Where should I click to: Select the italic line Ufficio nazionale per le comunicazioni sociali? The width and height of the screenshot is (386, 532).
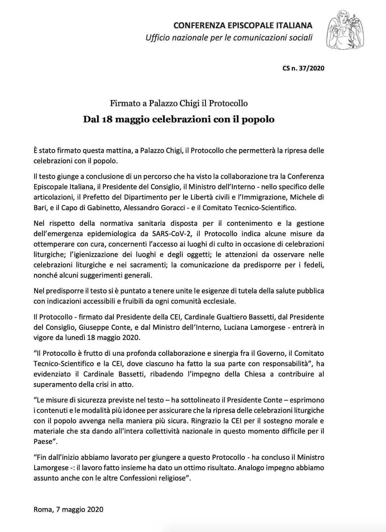pyautogui.click(x=229, y=38)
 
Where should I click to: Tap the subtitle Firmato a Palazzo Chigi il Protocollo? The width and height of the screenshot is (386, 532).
pyautogui.click(x=179, y=103)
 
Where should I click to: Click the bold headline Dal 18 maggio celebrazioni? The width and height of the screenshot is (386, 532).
pyautogui.click(x=179, y=119)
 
